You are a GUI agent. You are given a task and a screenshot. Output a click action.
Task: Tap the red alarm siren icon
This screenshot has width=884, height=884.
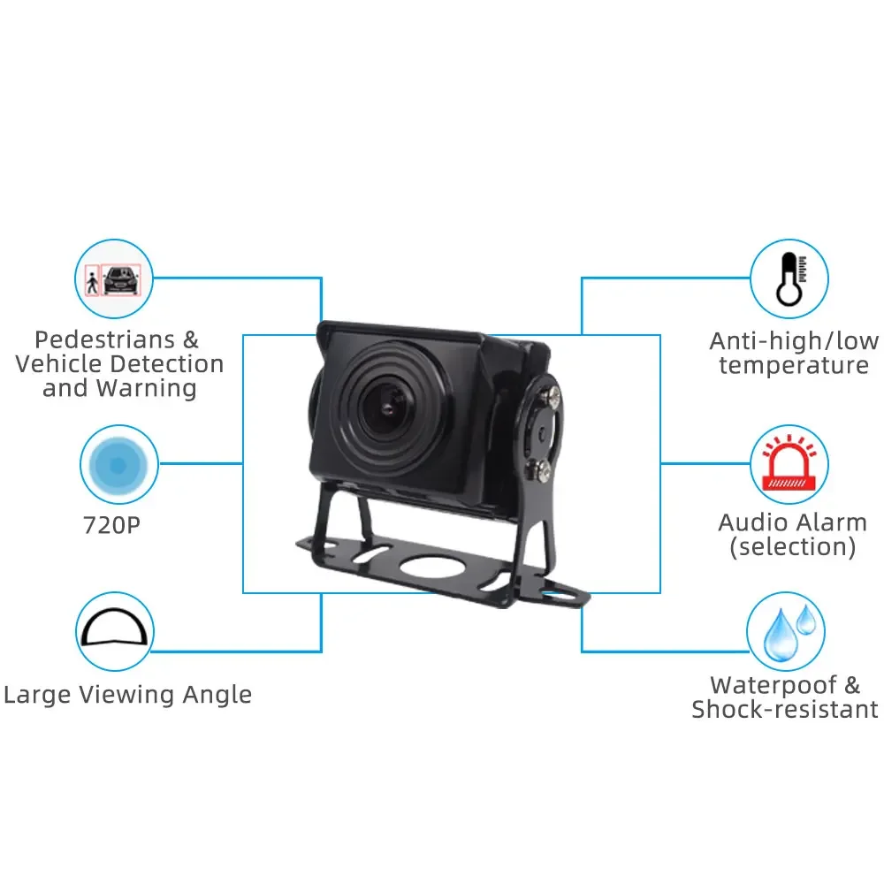pyautogui.click(x=789, y=463)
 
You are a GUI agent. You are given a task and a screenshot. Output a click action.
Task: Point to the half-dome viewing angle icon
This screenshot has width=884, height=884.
pyautogui.click(x=115, y=631)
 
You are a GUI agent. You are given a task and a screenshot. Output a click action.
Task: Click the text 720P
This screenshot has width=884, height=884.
pyautogui.click(x=111, y=525)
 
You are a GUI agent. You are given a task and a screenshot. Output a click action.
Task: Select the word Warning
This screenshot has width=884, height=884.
pyautogui.click(x=147, y=387)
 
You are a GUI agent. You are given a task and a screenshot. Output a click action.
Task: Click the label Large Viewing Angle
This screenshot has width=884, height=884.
pyautogui.click(x=127, y=695)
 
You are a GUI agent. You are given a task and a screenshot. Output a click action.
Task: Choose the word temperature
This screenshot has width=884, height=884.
pyautogui.click(x=794, y=366)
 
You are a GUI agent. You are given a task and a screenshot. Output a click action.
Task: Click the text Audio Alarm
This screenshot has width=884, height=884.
pyautogui.click(x=792, y=522)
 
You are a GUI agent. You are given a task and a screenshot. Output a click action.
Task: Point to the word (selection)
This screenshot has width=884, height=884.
pyautogui.click(x=792, y=546)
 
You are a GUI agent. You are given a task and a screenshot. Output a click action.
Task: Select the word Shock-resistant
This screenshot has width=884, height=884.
pyautogui.click(x=785, y=709)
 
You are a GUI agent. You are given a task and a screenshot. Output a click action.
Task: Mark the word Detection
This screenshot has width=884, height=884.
pyautogui.click(x=170, y=363)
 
